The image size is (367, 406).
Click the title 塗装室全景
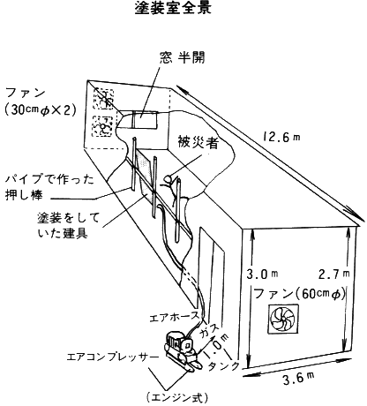coord(173,8)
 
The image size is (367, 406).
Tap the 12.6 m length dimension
coord(281,137)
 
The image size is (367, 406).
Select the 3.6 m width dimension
coord(298,378)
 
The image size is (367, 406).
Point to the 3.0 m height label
coord(262,274)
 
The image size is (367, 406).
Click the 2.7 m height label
coord(334,274)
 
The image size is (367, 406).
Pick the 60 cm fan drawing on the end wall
coord(283,319)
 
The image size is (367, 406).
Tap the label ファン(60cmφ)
coord(299,294)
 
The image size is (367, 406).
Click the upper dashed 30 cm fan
coord(103,99)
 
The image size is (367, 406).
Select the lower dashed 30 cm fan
coord(102,126)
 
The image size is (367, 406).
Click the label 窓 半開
coord(183,58)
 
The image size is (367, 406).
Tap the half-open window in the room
coord(144,119)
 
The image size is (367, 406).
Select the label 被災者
coord(198,142)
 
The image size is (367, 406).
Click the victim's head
coord(169,179)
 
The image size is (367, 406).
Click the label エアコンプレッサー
coord(113,357)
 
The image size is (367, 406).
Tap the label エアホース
coord(175,318)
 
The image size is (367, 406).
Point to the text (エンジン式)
coord(177,398)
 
